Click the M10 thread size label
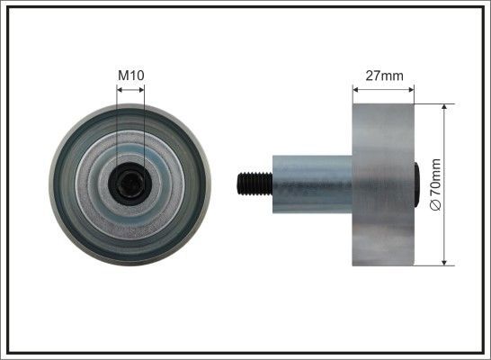[x=130, y=76]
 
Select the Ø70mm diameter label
[x=436, y=184]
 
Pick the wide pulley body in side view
[x=383, y=184]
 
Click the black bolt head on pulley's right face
[x=416, y=184]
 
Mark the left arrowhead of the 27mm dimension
[x=355, y=89]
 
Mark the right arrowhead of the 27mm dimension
[x=412, y=89]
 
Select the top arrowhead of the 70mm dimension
[x=445, y=106]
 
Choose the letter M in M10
[x=123, y=76]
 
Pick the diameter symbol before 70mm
[x=436, y=205]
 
